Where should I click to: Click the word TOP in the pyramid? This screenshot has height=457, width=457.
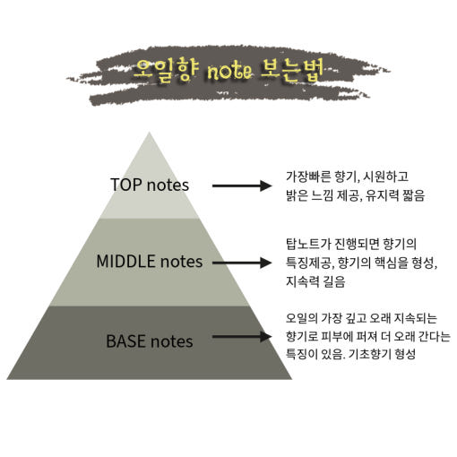pyautogui.click(x=126, y=185)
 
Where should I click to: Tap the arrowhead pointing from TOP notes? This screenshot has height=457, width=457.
pyautogui.click(x=265, y=185)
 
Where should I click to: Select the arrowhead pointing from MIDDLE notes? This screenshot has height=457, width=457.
pyautogui.click(x=265, y=263)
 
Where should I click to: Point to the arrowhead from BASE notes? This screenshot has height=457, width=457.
pyautogui.click(x=265, y=337)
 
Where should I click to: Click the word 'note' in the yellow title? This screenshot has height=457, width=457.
pyautogui.click(x=229, y=72)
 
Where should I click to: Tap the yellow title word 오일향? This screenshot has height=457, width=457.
pyautogui.click(x=166, y=71)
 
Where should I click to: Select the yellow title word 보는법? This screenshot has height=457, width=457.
pyautogui.click(x=292, y=71)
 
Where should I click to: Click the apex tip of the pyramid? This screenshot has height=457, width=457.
pyautogui.click(x=149, y=133)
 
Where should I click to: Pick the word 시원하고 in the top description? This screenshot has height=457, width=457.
pyautogui.click(x=385, y=177)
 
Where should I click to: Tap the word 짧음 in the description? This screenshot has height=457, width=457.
pyautogui.click(x=413, y=195)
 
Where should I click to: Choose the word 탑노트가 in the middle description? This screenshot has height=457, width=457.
pyautogui.click(x=308, y=244)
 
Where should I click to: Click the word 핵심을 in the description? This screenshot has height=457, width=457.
pyautogui.click(x=391, y=263)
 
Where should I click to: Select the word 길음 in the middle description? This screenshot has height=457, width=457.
pyautogui.click(x=334, y=281)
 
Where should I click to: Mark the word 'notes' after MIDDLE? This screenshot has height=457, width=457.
pyautogui.click(x=182, y=262)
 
